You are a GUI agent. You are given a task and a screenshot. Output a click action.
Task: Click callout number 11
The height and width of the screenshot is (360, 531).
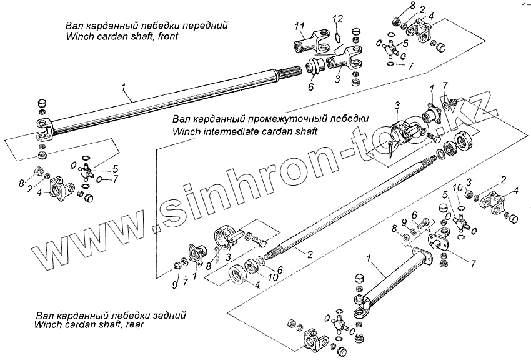[x=299, y=26]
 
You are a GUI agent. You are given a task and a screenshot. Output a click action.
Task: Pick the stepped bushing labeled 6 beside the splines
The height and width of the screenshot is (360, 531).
[x=315, y=66]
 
